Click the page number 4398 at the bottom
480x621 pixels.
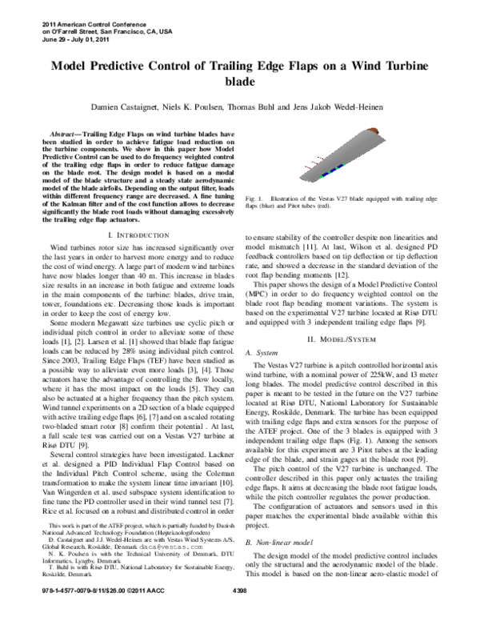tap(239, 611)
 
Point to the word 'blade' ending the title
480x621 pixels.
tap(239, 82)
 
